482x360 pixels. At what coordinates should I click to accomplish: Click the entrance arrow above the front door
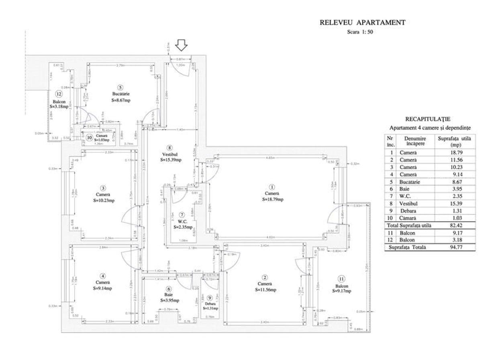182,45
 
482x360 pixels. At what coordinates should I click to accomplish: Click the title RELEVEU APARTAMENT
362,23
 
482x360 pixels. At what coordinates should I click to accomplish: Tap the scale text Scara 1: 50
360,33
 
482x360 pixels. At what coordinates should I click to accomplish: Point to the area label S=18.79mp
273,199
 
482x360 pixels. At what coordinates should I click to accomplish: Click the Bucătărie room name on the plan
120,94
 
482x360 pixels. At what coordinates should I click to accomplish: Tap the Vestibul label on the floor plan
170,154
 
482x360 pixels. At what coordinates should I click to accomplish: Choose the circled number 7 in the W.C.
182,215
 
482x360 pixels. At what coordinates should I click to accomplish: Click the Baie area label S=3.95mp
169,300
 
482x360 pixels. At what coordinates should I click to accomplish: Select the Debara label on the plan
210,303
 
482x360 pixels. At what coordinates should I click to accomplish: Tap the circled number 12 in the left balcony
59,94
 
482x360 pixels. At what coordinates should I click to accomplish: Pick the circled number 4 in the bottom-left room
103,276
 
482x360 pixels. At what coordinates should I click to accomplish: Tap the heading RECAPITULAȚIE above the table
427,119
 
